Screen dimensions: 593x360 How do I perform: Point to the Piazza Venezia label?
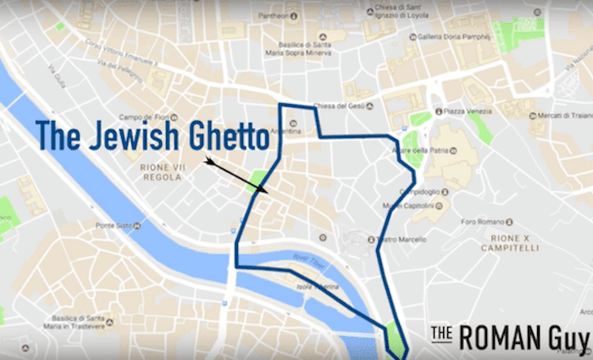click(469, 111)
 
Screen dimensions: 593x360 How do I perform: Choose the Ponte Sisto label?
click(114, 225)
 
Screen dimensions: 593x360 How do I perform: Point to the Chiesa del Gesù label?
click(338, 106)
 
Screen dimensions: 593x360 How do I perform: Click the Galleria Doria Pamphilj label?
click(451, 37)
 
